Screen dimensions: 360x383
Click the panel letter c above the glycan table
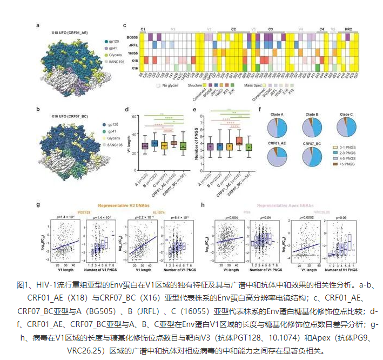[x=125, y=25]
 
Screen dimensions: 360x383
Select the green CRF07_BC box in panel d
[x=184, y=145]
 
